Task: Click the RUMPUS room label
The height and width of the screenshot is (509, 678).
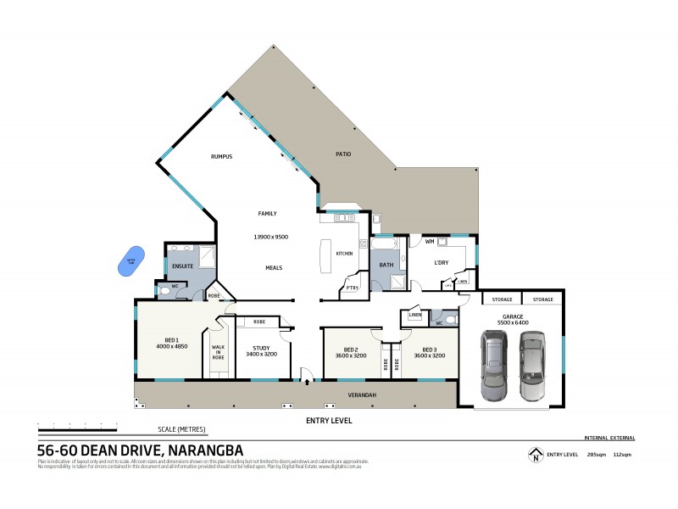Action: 221,157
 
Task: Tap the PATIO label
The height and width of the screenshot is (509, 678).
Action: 342,154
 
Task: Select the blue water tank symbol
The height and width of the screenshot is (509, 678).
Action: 130,261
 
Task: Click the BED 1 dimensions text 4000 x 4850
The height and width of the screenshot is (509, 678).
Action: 172,346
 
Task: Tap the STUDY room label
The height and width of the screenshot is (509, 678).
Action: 261,347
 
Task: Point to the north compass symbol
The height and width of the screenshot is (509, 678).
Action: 535,456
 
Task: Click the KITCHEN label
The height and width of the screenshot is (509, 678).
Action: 344,254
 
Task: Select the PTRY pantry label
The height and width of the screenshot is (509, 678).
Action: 352,288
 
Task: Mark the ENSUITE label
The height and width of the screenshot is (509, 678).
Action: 184,266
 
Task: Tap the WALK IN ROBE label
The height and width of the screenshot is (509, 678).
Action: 218,352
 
